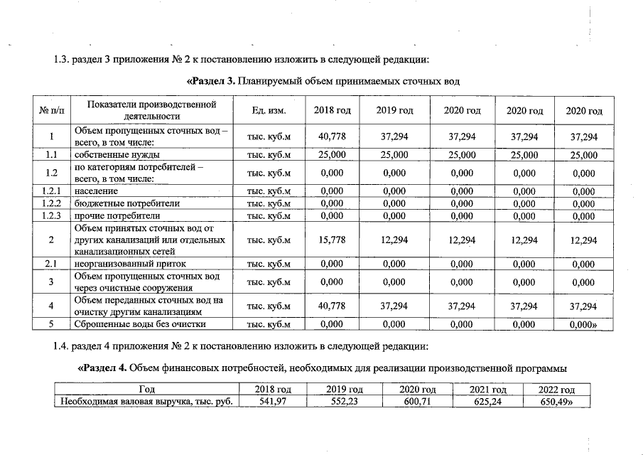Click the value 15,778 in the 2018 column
pyautogui.click(x=332, y=240)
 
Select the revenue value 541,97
pyautogui.click(x=273, y=402)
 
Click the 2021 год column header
pyautogui.click(x=479, y=390)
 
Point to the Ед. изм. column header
pyautogui.click(x=269, y=111)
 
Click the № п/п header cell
pyautogui.click(x=52, y=111)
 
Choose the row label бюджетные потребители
pyautogui.click(x=117, y=203)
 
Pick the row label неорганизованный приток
pyautogui.click(x=121, y=264)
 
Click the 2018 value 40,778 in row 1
pyautogui.click(x=332, y=136)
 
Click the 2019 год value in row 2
pyautogui.click(x=394, y=240)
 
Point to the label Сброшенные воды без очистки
pyautogui.click(x=140, y=325)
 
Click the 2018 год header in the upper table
pyautogui.click(x=332, y=111)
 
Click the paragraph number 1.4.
pyautogui.click(x=63, y=347)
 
